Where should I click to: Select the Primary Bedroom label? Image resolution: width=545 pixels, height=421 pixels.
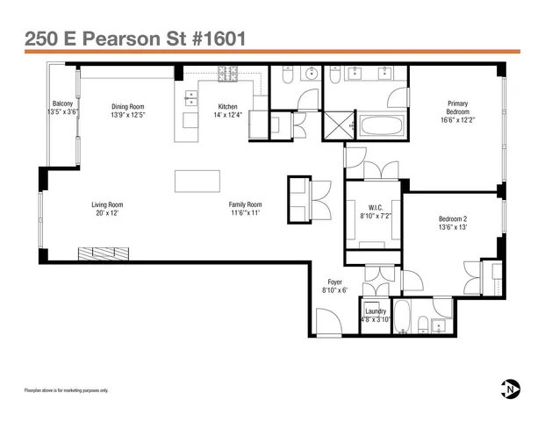(x=457, y=107)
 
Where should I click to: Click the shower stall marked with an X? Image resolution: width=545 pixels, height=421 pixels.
(x=335, y=125)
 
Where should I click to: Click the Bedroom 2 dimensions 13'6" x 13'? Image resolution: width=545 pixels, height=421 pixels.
(x=453, y=227)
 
